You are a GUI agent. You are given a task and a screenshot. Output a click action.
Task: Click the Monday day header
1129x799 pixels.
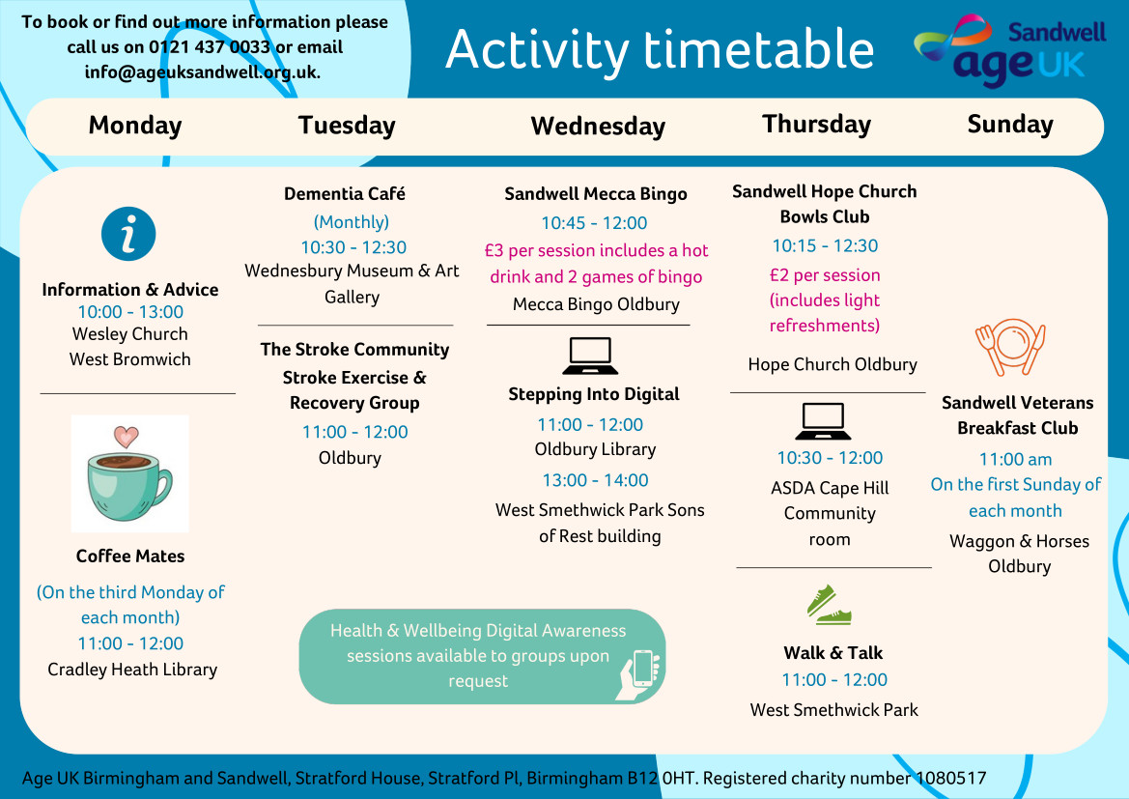[x=134, y=126]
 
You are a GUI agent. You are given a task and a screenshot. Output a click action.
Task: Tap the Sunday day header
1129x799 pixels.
[x=1010, y=125]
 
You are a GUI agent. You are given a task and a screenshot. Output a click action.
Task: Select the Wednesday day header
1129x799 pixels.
[x=598, y=127]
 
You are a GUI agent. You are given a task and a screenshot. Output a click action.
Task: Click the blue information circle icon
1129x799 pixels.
[x=128, y=234]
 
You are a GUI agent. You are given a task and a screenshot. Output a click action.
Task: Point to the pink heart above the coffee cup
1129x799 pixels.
[x=126, y=436]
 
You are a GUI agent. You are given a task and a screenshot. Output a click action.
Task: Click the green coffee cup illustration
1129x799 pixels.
[x=129, y=485]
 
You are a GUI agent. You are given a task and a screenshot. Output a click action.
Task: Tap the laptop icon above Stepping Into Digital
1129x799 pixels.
[x=590, y=356]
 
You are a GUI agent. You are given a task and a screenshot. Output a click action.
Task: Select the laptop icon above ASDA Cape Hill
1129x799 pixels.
[x=823, y=420]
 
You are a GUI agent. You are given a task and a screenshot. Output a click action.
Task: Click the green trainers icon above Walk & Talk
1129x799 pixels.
[x=830, y=605]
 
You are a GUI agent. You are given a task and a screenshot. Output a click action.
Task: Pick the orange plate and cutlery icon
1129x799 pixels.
[x=1011, y=346]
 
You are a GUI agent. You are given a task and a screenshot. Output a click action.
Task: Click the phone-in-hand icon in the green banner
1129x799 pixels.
[x=639, y=673]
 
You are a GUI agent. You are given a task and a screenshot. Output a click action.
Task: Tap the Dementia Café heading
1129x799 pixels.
[x=344, y=194]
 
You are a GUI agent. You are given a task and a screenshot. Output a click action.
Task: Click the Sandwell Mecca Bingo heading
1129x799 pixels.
[x=596, y=194]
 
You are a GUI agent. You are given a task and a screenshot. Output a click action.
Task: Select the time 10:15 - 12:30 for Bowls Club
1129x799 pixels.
[x=825, y=245]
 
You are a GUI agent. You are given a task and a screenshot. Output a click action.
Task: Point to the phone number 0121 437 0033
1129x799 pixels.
[x=210, y=46]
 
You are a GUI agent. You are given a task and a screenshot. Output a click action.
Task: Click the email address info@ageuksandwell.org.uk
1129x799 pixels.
[x=202, y=72]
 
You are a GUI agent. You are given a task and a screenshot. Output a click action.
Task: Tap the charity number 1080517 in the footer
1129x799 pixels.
[x=950, y=778]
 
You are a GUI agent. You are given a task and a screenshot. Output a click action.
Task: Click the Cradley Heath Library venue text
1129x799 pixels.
[x=132, y=670]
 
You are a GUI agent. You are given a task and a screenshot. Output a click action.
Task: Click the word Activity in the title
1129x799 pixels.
[x=537, y=50]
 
